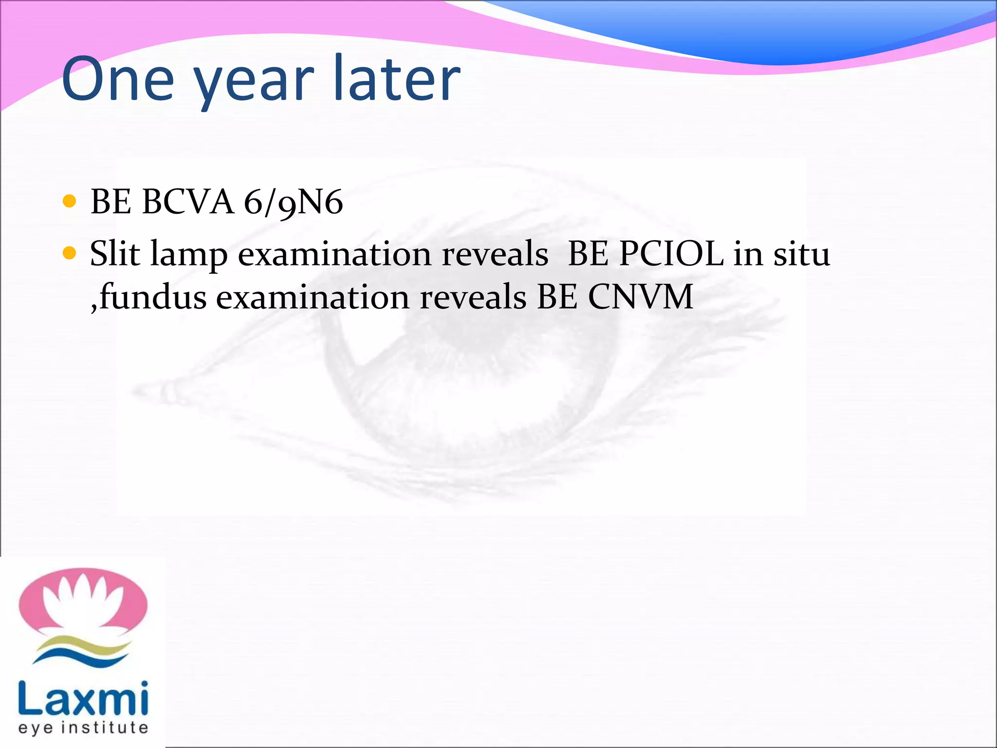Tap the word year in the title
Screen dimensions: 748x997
[x=255, y=83]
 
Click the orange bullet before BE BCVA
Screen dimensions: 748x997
[x=70, y=201]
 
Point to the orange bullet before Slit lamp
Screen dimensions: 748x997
[x=70, y=253]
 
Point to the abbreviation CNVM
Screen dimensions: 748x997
[x=641, y=297]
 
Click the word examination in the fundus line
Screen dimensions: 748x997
[x=313, y=297]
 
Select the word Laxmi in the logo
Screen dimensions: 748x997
[x=83, y=699]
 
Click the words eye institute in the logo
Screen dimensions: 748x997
[x=83, y=728]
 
